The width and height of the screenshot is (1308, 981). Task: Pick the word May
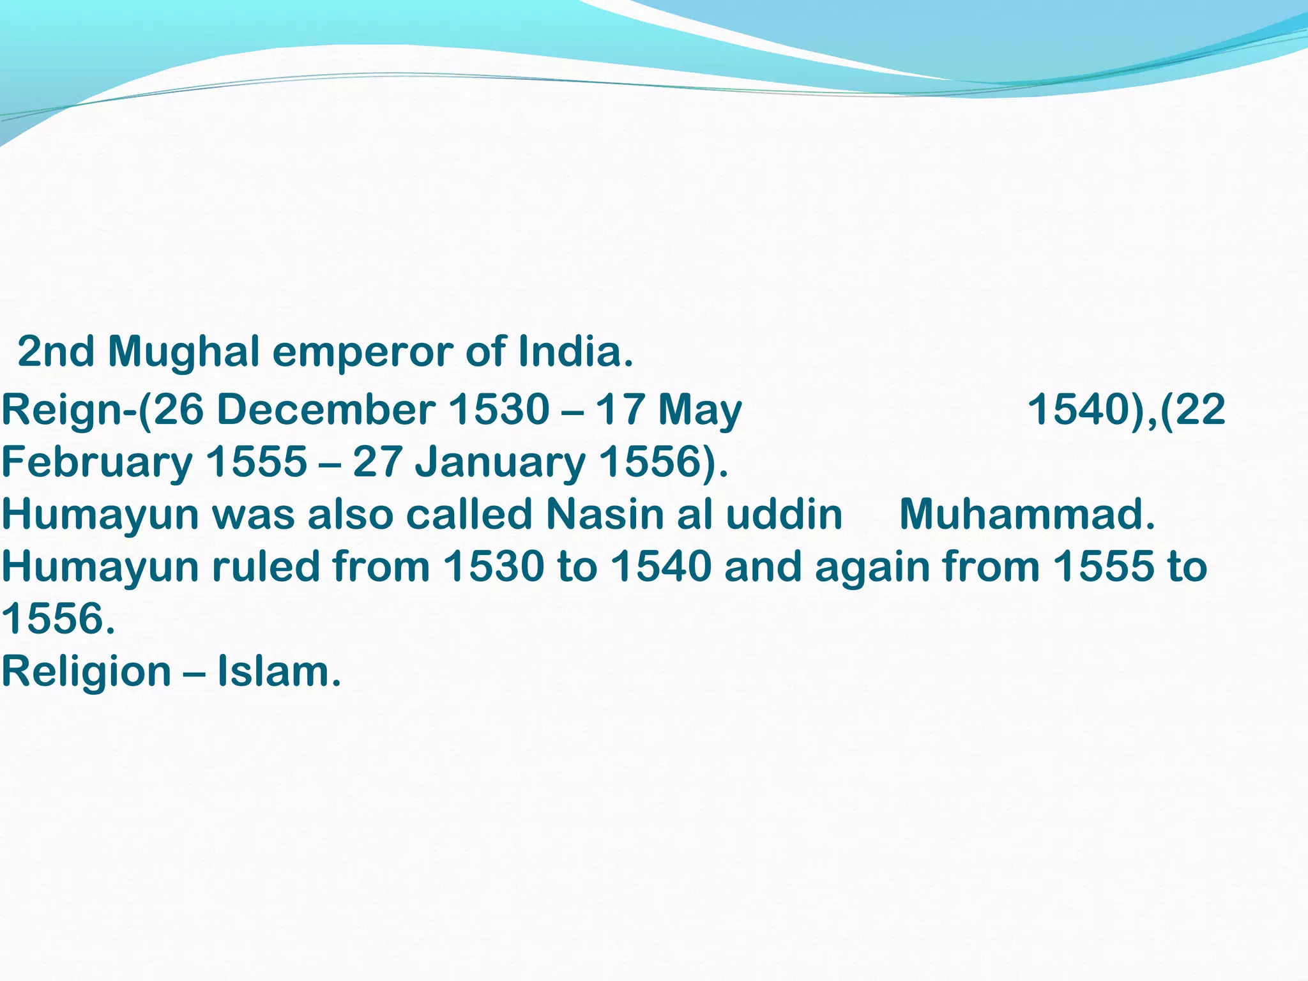pos(700,409)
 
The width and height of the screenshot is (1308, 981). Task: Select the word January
pos(500,462)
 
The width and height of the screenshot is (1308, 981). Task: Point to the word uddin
pos(784,514)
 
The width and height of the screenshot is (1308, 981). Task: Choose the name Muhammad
pos(1027,514)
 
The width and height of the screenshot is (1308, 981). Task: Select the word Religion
pos(86,673)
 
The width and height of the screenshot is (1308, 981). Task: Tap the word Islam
pos(279,673)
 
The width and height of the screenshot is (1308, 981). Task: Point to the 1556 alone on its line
pos(57,619)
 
